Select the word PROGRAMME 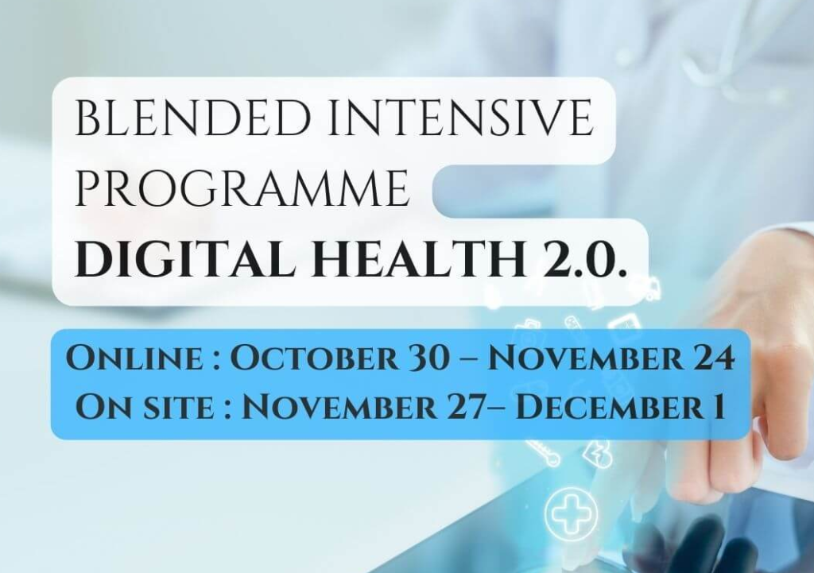click(242, 188)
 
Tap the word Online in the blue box click(135, 358)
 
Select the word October click(314, 358)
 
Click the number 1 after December click(718, 407)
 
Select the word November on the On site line click(339, 407)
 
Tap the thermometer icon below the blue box click(542, 451)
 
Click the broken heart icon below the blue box click(597, 457)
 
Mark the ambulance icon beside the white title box click(651, 288)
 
